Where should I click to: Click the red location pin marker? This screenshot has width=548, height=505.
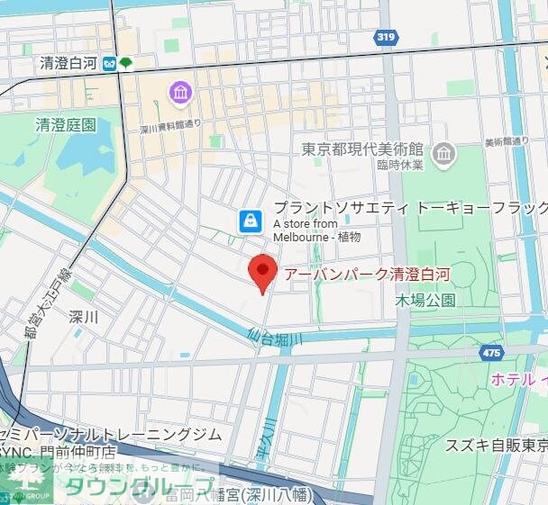pyautogui.click(x=261, y=272)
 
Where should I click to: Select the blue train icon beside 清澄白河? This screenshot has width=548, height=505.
pyautogui.click(x=109, y=64)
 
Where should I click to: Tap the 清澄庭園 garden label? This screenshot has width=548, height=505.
pyautogui.click(x=65, y=124)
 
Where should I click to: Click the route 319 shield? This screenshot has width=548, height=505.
pyautogui.click(x=385, y=37)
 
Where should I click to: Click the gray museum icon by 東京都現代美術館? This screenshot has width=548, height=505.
pyautogui.click(x=443, y=155)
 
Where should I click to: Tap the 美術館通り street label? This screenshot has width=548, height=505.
pyautogui.click(x=507, y=141)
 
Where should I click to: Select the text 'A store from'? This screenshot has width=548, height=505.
pyautogui.click(x=305, y=223)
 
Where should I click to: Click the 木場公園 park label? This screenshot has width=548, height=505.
pyautogui.click(x=425, y=300)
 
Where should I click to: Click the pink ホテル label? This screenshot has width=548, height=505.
pyautogui.click(x=517, y=380)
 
